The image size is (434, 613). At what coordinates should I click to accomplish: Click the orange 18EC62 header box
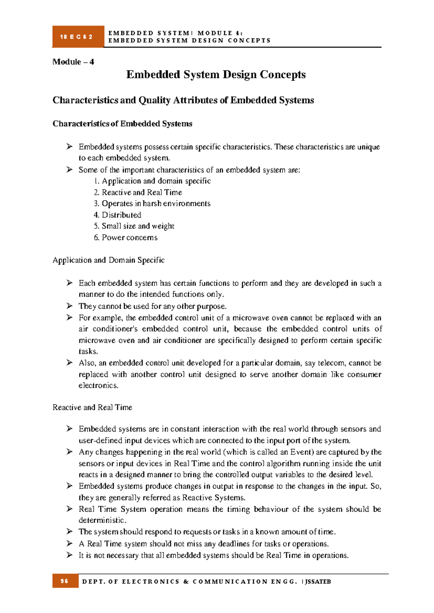[x=78, y=37]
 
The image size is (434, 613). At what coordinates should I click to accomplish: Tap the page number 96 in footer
[x=65, y=581]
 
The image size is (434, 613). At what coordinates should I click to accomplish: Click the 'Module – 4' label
[x=73, y=62]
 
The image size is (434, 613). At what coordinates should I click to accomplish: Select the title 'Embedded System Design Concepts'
[x=216, y=74]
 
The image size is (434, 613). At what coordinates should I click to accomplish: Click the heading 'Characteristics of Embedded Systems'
[x=122, y=124]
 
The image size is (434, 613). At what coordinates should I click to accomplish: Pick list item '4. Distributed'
[x=118, y=215]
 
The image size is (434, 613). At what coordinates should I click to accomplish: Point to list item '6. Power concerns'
[x=125, y=237]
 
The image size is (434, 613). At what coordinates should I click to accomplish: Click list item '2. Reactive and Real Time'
[x=138, y=192]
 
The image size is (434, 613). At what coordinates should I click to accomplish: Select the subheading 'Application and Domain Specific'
[x=109, y=260]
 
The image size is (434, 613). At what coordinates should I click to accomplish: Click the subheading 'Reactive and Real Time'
[x=92, y=407]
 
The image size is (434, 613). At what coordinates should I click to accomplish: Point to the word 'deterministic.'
[x=102, y=520]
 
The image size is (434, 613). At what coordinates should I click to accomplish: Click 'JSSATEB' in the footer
[x=318, y=582]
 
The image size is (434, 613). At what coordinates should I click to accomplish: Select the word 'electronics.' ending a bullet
[x=98, y=385]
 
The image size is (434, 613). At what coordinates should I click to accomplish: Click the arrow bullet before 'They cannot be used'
[x=69, y=306]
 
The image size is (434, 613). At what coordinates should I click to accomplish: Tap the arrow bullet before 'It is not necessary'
[x=69, y=555]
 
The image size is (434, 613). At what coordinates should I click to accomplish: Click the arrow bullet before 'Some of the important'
[x=69, y=170]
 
